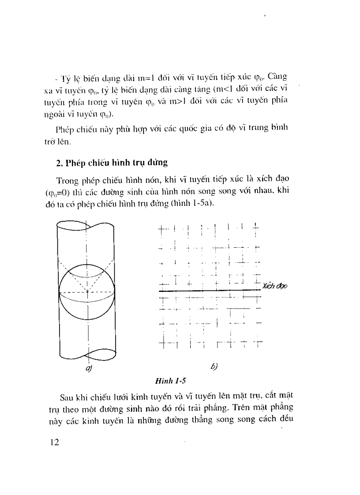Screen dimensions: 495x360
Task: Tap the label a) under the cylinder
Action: (x=88, y=368)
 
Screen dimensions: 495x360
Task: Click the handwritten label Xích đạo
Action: (x=275, y=286)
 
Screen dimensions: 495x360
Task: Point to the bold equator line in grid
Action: (x=207, y=290)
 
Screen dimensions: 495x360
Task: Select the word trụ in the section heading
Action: (x=137, y=162)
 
